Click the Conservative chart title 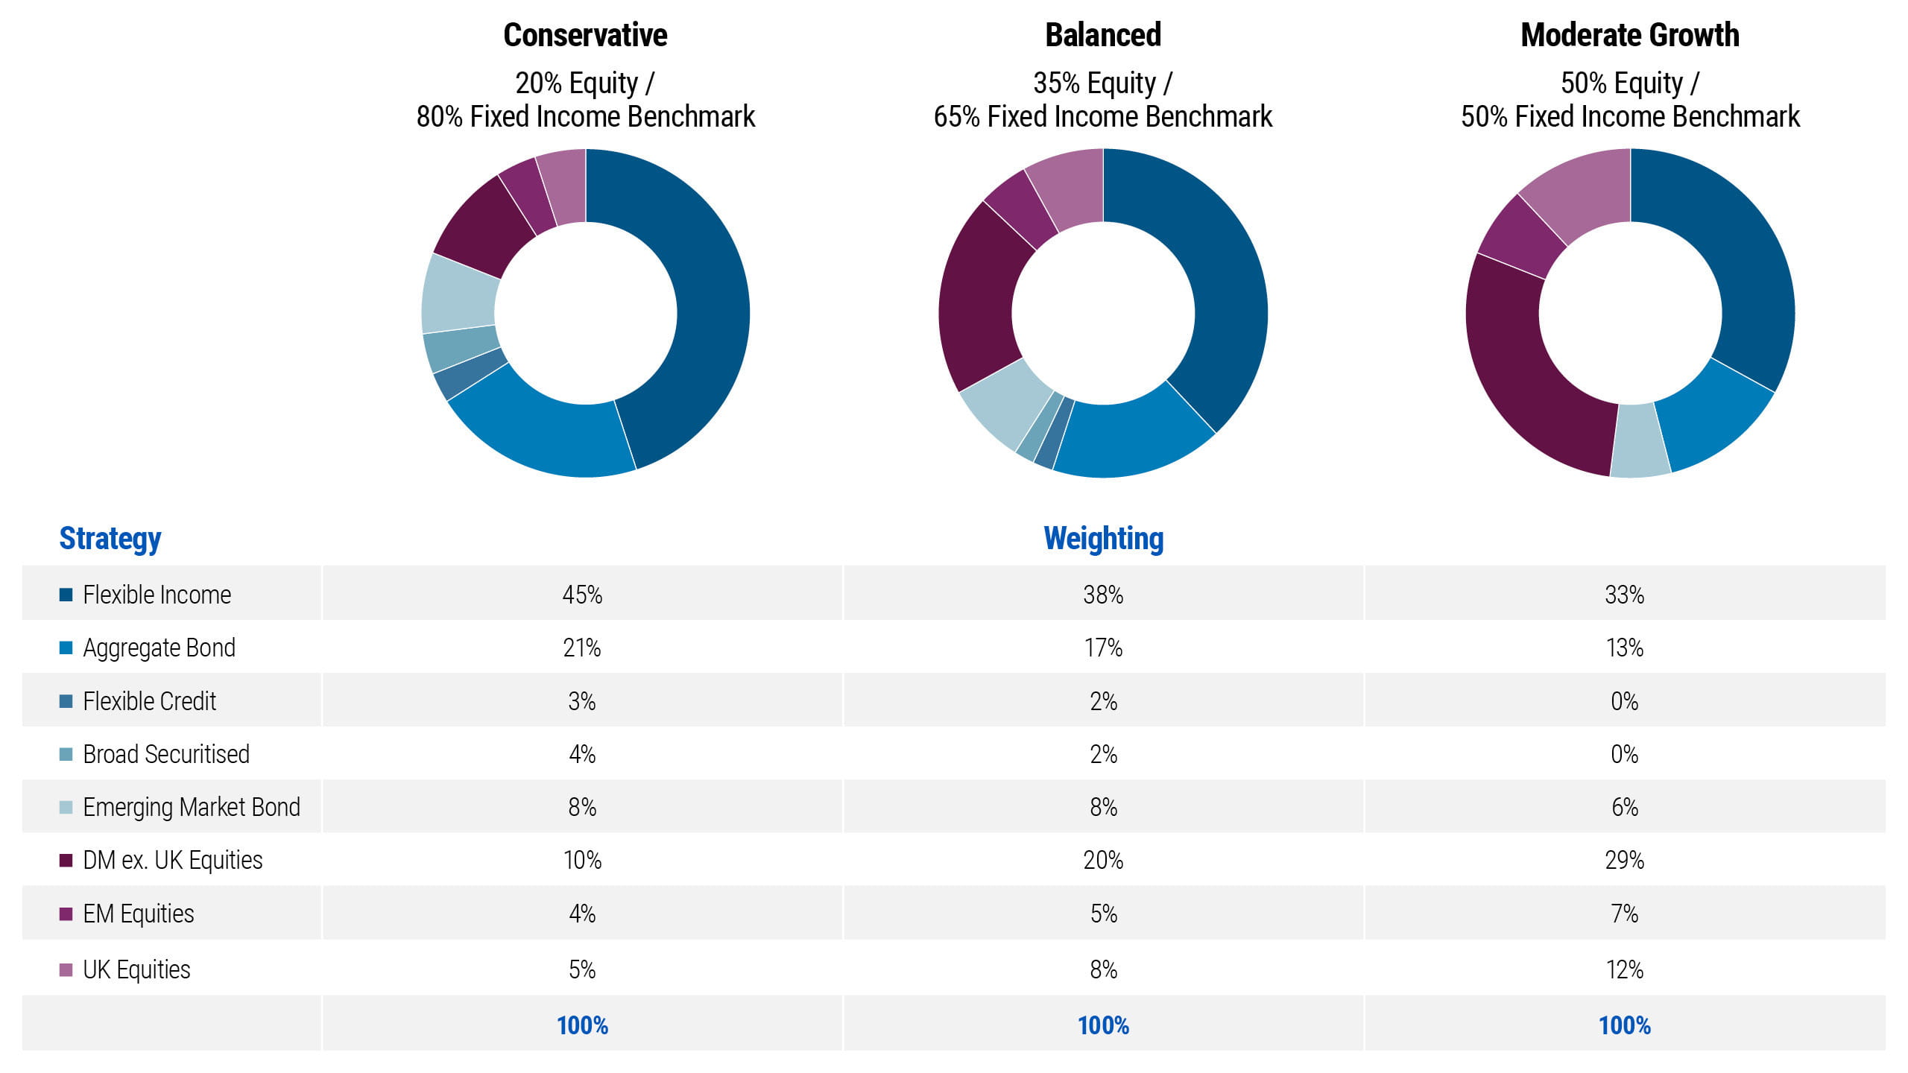[x=585, y=35]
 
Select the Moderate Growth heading [x=1629, y=35]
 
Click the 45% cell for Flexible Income [x=582, y=595]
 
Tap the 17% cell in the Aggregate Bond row [x=1103, y=648]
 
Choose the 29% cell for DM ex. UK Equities [x=1624, y=860]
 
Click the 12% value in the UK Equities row [x=1624, y=969]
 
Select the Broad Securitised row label [x=165, y=754]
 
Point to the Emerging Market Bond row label [x=191, y=807]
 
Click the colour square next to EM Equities [x=66, y=914]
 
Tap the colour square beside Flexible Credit [x=66, y=701]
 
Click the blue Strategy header [x=110, y=538]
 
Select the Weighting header [x=1103, y=538]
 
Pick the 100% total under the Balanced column [x=1103, y=1025]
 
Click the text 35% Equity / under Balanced [x=1103, y=83]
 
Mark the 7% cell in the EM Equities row [x=1624, y=914]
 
